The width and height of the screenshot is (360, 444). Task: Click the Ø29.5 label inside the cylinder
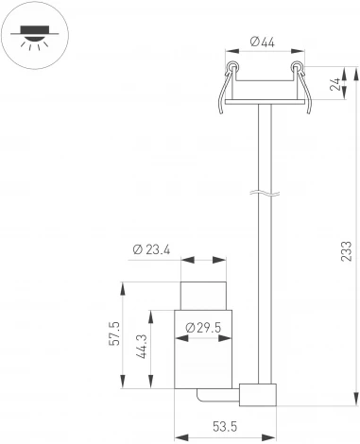coord(203,327)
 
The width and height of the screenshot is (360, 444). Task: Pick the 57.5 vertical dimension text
coord(114,336)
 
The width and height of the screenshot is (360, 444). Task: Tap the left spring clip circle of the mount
coord(231,67)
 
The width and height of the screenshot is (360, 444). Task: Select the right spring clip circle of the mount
coord(296,67)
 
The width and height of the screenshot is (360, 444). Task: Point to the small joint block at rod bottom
coord(258,396)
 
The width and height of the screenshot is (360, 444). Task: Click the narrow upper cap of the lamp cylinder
coord(203,294)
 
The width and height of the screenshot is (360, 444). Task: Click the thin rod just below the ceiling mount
coord(265,142)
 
